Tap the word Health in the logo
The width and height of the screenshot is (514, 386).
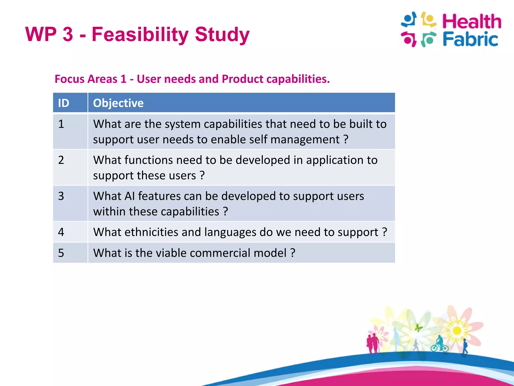[471, 21]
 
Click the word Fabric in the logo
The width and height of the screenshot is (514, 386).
[470, 39]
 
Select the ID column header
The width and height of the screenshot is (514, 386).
[64, 103]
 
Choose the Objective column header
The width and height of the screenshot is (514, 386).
[118, 103]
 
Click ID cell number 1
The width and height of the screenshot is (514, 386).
[61, 124]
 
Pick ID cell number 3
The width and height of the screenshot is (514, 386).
[61, 196]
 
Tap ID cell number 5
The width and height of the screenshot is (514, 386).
[61, 253]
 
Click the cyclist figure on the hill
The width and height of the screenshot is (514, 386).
[439, 345]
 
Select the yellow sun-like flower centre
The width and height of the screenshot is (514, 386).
[457, 330]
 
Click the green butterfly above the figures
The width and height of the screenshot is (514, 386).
[418, 327]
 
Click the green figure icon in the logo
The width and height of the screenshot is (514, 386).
[428, 39]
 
